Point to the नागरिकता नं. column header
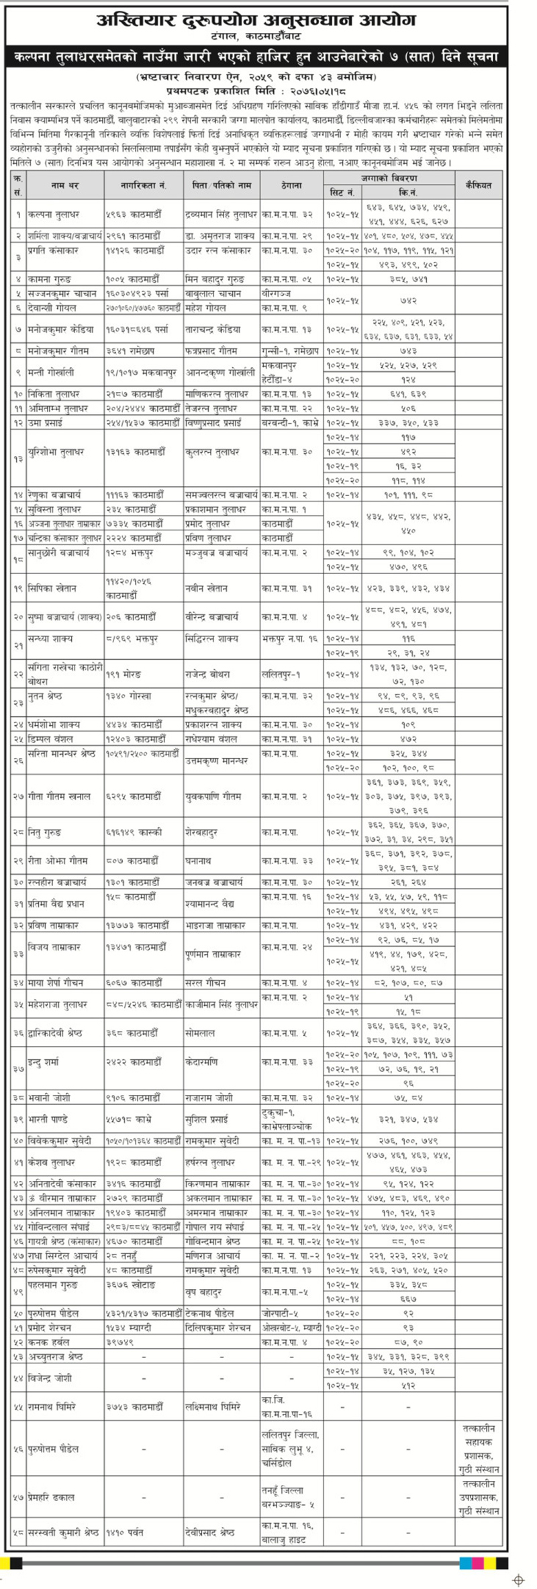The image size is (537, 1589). point(143,185)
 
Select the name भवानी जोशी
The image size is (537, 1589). point(51,1098)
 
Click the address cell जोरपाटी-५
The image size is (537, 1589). point(282,1312)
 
